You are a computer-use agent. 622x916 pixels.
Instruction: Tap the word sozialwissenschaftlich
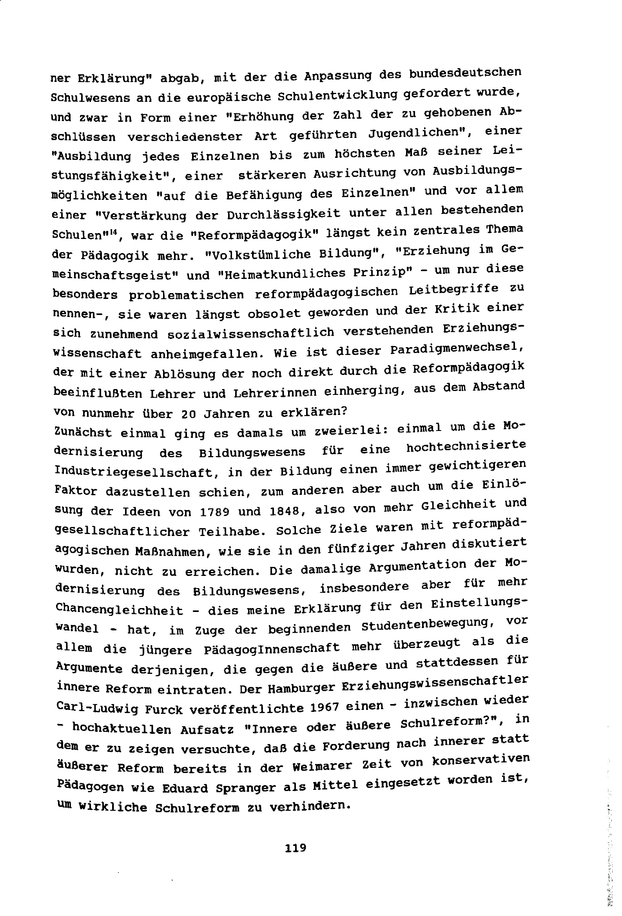point(251,333)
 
